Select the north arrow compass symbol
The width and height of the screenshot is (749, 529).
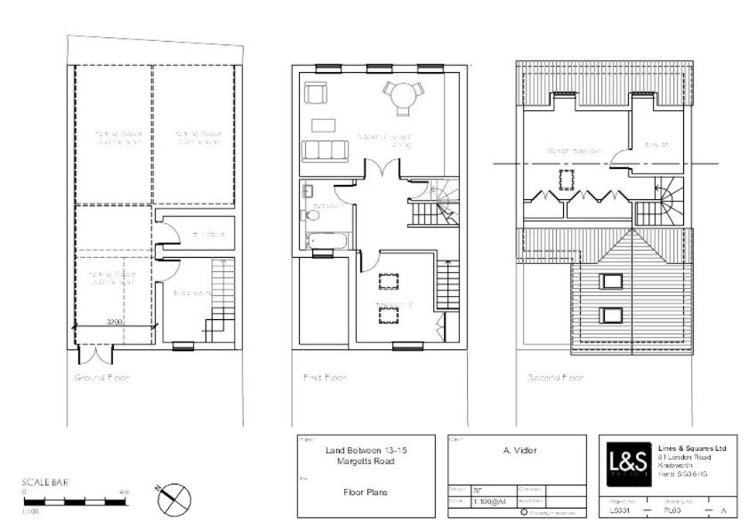click(x=173, y=499)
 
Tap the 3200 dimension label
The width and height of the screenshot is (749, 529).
click(x=114, y=321)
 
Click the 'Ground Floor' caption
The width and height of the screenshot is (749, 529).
click(x=101, y=378)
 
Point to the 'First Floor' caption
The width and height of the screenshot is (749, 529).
click(x=325, y=378)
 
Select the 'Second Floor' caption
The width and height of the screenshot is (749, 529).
click(x=555, y=378)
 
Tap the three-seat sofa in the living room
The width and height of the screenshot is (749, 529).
click(x=325, y=149)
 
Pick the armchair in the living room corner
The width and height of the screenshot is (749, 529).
click(x=315, y=93)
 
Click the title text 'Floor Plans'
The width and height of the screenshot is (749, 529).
click(x=365, y=492)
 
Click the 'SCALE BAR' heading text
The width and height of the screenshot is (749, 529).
click(x=45, y=483)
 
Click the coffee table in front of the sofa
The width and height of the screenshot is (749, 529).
click(x=323, y=125)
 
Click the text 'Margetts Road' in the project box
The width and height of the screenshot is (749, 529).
click(x=365, y=462)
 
